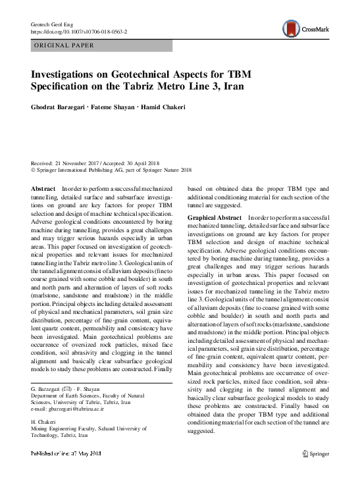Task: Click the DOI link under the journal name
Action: pyautogui.click(x=79, y=32)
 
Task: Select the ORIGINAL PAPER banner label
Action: pyautogui.click(x=63, y=46)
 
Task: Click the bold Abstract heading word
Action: pyautogui.click(x=43, y=189)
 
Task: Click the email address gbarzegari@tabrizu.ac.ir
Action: pyautogui.click(x=74, y=409)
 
